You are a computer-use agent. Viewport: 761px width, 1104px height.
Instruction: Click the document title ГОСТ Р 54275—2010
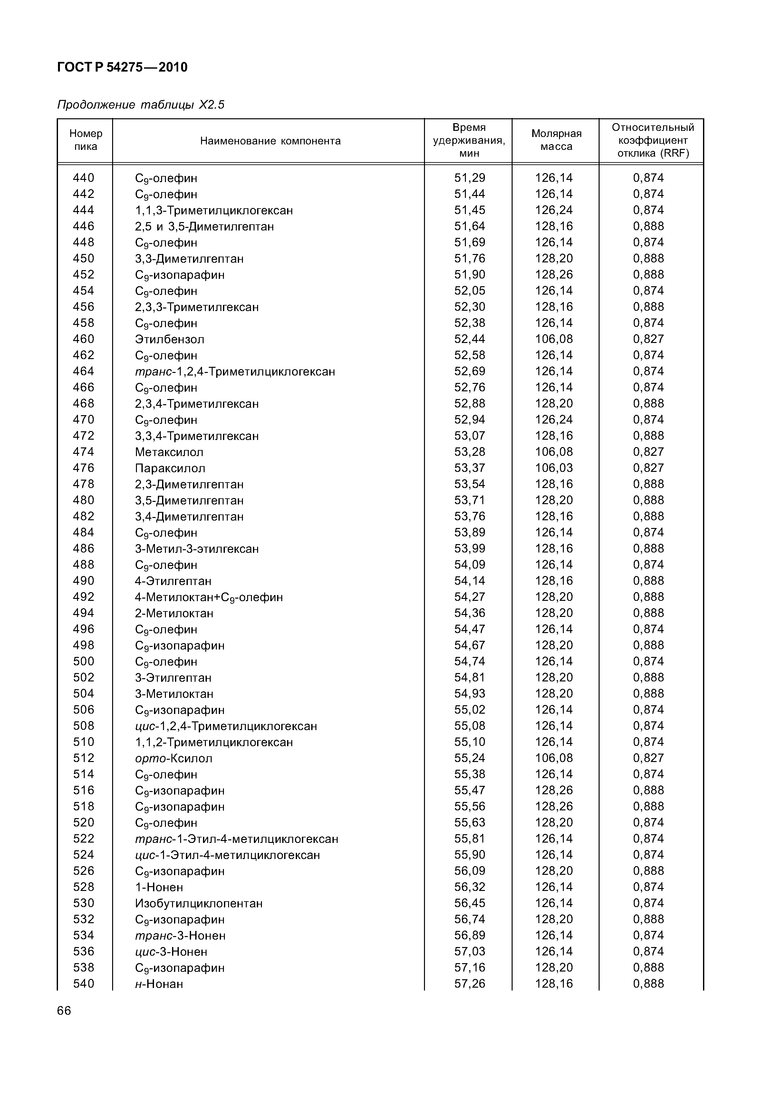click(122, 68)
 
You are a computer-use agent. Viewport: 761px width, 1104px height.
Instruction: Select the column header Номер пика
click(85, 140)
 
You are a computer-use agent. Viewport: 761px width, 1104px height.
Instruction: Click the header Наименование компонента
click(270, 141)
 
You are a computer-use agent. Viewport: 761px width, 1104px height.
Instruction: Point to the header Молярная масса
click(556, 140)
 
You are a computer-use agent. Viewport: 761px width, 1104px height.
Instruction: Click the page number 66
click(64, 1011)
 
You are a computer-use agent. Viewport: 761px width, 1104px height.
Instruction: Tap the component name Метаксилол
click(169, 452)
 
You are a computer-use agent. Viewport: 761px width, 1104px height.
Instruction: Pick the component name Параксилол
click(170, 468)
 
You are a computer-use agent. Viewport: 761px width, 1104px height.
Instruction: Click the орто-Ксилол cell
click(174, 758)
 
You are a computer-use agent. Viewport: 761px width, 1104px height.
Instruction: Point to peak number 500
click(83, 661)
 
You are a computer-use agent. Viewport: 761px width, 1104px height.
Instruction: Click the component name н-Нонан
click(159, 984)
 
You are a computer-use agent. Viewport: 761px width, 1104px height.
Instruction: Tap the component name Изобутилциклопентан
click(198, 903)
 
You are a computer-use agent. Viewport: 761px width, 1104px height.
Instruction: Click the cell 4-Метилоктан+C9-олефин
click(208, 597)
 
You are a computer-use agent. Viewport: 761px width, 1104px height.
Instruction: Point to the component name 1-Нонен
click(159, 887)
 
